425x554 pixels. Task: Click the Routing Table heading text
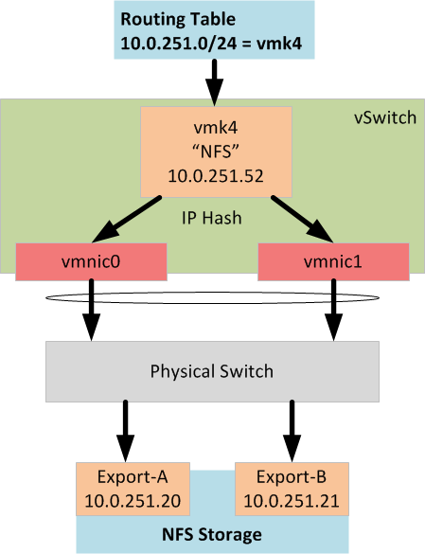(x=178, y=19)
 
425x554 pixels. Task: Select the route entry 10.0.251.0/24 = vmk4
(x=211, y=44)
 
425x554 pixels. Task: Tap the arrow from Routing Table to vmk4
(x=215, y=82)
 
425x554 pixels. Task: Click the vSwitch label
(x=385, y=117)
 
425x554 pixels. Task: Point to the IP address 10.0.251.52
(x=216, y=176)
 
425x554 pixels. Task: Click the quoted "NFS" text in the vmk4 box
(x=216, y=152)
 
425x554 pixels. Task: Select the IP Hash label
(x=212, y=218)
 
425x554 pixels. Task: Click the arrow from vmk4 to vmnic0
(x=127, y=220)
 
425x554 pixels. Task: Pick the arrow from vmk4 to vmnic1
(x=302, y=219)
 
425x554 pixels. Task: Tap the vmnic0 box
(x=91, y=261)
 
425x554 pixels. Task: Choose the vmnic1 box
(x=333, y=261)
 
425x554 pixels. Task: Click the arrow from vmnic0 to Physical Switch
(x=92, y=310)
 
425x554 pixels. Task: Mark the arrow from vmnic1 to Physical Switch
(x=333, y=310)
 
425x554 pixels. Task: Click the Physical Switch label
(x=212, y=371)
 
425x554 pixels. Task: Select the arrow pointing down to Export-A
(x=125, y=431)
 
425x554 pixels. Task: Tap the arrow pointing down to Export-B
(x=292, y=431)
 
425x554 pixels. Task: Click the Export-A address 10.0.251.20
(x=133, y=501)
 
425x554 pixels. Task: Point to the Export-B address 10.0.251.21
(x=292, y=501)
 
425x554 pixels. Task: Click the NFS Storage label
(x=212, y=534)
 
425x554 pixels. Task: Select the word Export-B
(x=292, y=477)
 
